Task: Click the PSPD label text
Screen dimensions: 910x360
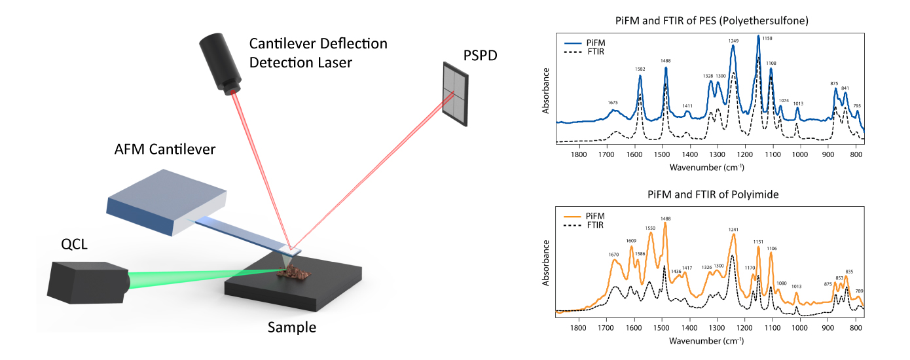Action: tap(480, 55)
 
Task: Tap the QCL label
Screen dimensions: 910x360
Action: tap(75, 244)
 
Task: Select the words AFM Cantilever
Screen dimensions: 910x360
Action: tap(164, 149)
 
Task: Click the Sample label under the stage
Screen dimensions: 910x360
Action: tap(292, 327)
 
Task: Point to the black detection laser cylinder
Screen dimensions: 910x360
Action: tap(220, 63)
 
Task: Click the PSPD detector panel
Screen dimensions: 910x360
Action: tap(456, 94)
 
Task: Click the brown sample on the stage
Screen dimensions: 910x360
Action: tap(294, 272)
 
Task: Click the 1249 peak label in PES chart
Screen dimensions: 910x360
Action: tap(733, 41)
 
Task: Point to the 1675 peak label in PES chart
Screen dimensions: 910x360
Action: tap(613, 103)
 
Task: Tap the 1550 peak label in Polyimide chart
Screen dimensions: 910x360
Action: tap(650, 228)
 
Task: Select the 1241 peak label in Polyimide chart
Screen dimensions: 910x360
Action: tap(733, 230)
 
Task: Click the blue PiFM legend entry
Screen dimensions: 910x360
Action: tap(585, 43)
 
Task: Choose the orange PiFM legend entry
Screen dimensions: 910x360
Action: tap(584, 216)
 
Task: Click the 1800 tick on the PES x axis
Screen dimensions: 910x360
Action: tap(579, 154)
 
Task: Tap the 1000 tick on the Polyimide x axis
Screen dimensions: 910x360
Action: tap(800, 328)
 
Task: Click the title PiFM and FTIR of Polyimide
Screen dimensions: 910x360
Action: tap(713, 194)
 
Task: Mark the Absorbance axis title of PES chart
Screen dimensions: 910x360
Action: tap(545, 90)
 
